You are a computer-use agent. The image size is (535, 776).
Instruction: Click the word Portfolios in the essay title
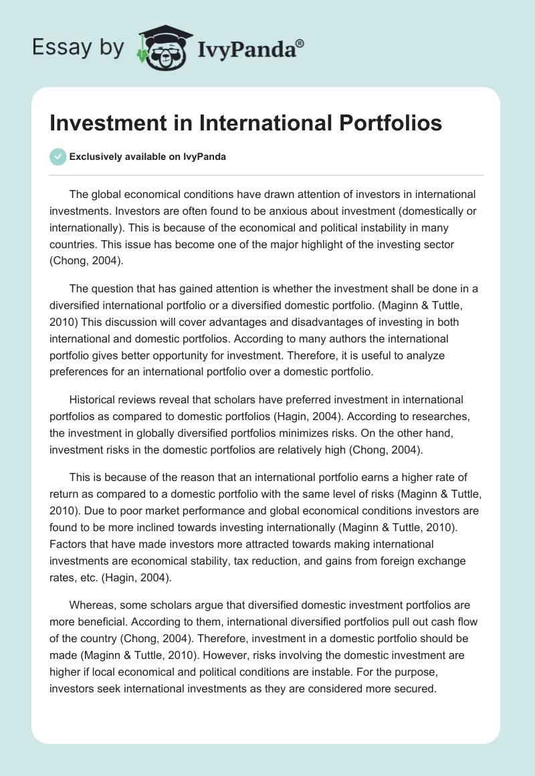click(x=383, y=123)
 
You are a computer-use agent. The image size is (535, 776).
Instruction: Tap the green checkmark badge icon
click(x=58, y=157)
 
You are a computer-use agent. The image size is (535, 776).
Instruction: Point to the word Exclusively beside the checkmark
click(x=94, y=157)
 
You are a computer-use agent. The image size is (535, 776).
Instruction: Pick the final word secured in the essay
click(x=415, y=689)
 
